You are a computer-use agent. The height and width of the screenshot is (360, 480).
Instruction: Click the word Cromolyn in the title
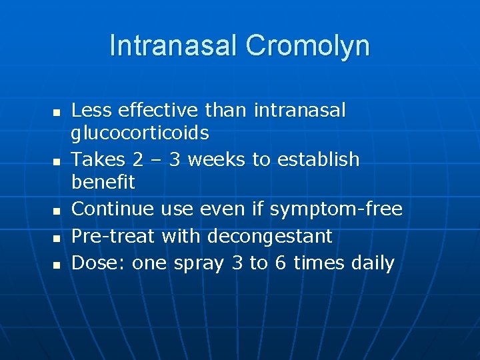307,46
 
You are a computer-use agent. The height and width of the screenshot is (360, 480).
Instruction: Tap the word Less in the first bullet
91,110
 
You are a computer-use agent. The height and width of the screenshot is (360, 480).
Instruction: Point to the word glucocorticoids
140,133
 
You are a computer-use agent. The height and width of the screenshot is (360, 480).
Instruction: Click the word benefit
103,182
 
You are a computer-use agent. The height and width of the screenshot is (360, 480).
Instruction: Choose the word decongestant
270,236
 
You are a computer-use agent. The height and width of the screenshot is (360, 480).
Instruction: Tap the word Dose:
99,263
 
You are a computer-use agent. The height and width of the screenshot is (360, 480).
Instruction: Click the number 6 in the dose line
281,263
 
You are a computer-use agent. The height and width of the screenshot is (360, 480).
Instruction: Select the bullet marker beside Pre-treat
57,238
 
